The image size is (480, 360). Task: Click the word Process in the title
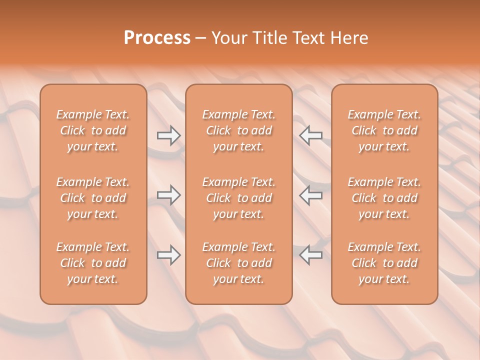point(157,38)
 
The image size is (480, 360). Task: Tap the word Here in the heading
point(349,38)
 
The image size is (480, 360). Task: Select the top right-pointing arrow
point(169,135)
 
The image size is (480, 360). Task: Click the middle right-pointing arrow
point(169,195)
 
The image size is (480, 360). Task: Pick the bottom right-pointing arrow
point(169,255)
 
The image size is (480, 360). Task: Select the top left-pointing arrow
point(311,135)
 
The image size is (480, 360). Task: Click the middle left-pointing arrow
point(311,195)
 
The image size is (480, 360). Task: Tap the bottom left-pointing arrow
point(311,255)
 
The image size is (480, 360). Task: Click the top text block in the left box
point(93,130)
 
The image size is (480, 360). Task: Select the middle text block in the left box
point(93,198)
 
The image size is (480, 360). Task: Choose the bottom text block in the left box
point(93,263)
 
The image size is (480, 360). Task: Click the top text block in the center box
point(239,130)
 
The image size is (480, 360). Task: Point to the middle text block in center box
point(239,198)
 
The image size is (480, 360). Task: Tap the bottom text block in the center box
point(239,263)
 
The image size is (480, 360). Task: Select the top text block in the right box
point(384,130)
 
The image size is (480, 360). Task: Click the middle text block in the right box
point(384,198)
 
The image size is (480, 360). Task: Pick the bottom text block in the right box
point(384,263)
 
